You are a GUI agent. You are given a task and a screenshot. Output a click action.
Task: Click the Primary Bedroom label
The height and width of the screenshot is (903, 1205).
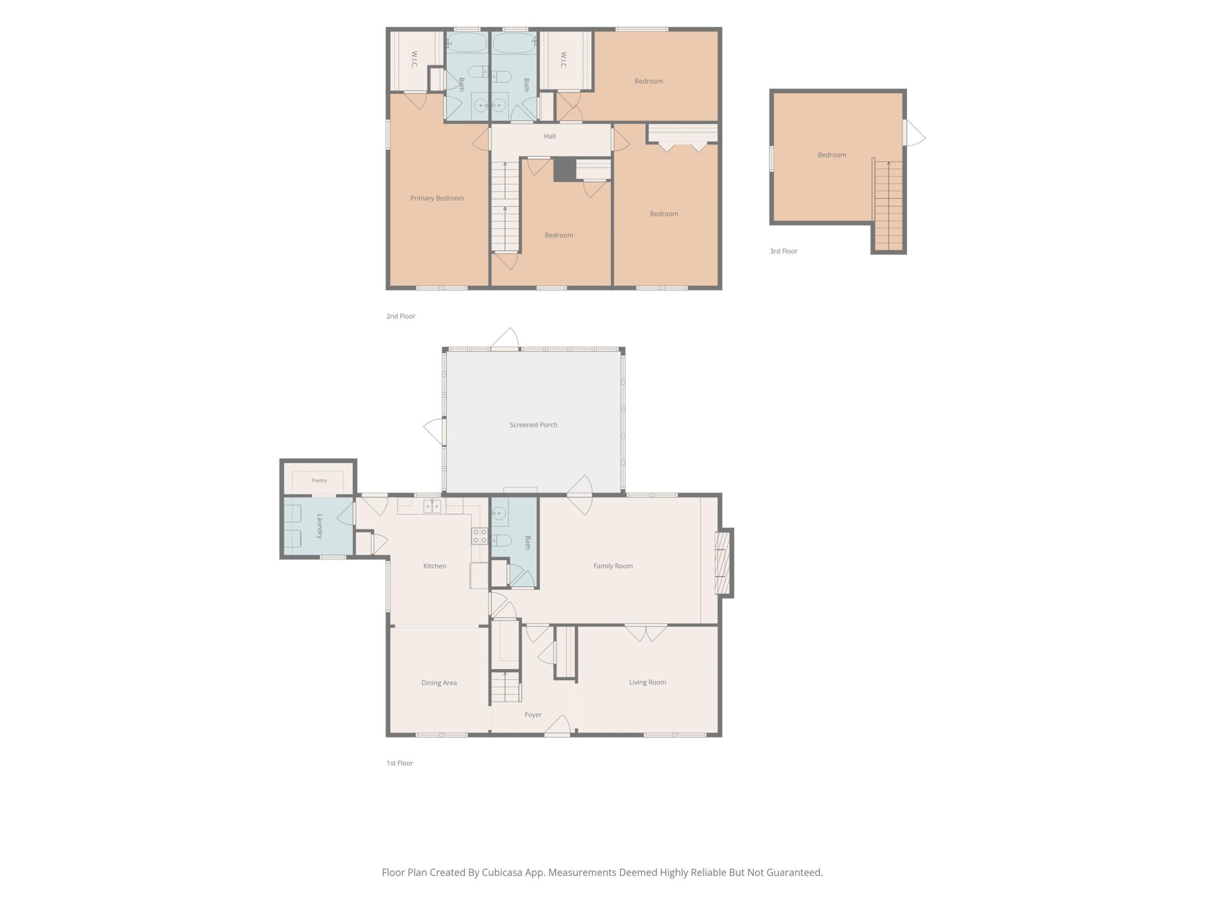pos(437,198)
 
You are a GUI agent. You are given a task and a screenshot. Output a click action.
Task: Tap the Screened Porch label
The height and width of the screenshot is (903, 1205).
pos(533,425)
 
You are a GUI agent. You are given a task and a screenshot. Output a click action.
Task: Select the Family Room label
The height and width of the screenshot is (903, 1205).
pos(613,566)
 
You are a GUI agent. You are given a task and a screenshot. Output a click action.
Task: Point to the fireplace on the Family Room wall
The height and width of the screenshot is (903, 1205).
pos(723,562)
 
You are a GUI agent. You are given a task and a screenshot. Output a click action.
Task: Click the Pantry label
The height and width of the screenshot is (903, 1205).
pos(319,480)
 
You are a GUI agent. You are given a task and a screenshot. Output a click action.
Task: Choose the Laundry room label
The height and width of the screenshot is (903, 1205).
pos(319,527)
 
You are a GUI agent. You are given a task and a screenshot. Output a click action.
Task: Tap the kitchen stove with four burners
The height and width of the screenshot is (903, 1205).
pos(479,536)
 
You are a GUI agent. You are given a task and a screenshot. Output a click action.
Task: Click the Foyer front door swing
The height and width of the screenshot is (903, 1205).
pos(557,726)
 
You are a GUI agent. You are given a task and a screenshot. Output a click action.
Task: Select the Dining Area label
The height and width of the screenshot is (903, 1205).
pos(439,683)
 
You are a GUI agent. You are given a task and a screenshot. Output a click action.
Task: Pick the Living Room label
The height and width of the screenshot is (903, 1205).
pos(648,682)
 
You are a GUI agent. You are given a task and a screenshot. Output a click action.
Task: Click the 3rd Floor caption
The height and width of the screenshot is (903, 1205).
pos(783,251)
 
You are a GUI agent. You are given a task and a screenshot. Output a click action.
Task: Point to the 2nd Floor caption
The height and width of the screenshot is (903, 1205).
pos(400,316)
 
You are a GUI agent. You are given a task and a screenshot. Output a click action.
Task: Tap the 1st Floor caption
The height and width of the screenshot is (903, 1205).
pos(400,763)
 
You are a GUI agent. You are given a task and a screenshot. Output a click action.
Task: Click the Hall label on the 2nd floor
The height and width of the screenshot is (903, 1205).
pos(550,136)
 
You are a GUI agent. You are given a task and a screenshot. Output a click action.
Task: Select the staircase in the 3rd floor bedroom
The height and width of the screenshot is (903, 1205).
pos(888,204)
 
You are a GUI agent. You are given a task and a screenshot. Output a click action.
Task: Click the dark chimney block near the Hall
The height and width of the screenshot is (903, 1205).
pos(564,169)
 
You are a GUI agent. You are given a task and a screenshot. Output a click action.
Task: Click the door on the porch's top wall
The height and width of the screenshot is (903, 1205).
pos(505,339)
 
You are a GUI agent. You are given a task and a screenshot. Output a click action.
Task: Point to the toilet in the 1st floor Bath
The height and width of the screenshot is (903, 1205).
pos(500,540)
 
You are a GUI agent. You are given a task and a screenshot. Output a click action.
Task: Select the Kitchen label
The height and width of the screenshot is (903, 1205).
pos(434,566)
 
